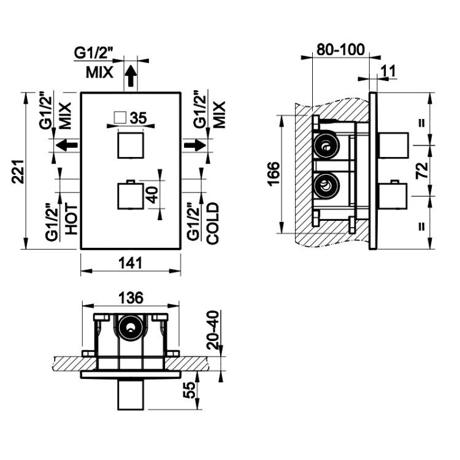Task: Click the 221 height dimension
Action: point(18,172)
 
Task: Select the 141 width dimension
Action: point(131,263)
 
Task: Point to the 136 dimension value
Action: point(131,297)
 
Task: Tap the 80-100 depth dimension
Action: point(340,50)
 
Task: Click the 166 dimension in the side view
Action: point(274,174)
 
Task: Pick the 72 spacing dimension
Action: point(422,171)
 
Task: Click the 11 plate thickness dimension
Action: point(388,71)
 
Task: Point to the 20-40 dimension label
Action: point(213,330)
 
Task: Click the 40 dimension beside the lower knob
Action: point(153,195)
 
